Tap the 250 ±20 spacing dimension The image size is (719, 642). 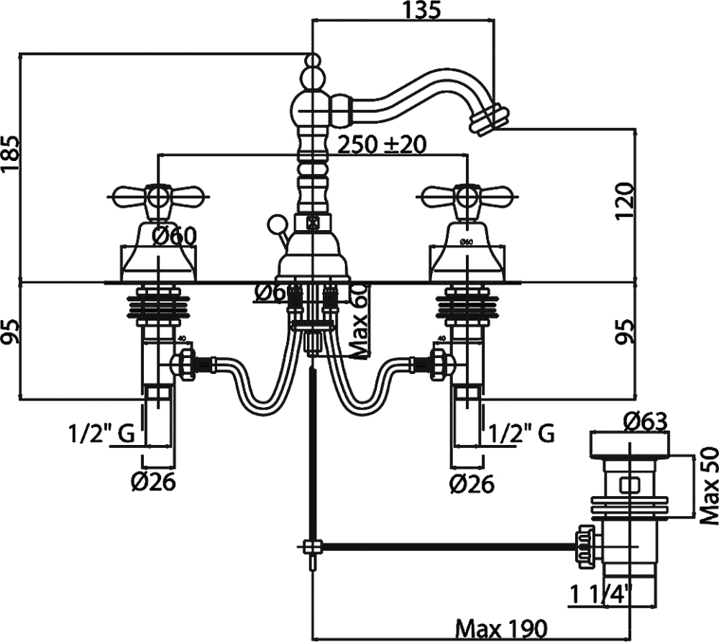coord(381,144)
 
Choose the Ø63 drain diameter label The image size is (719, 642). coord(645,421)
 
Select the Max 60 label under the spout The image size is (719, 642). coord(359,321)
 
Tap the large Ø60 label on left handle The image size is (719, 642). coord(175,235)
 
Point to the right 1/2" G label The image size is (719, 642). coord(521,434)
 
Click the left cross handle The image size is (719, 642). coord(159,194)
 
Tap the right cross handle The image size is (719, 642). coord(468,194)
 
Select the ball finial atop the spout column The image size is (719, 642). coord(311,62)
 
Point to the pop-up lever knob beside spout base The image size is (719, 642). coord(274,224)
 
